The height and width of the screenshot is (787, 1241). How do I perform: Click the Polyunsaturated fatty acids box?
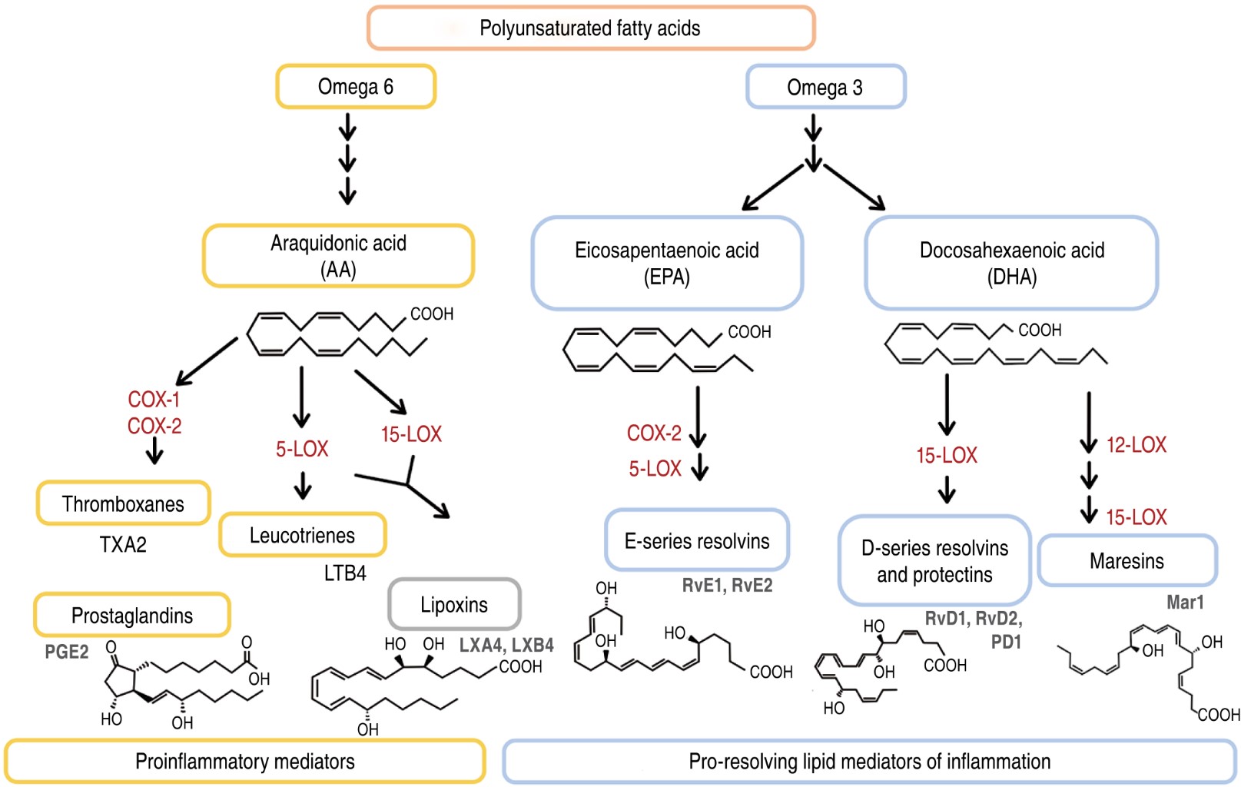click(x=590, y=28)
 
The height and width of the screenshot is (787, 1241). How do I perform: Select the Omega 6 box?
click(x=356, y=87)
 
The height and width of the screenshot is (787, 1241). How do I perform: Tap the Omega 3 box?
click(x=825, y=87)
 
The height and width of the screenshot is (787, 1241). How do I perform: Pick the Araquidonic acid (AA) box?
click(x=338, y=256)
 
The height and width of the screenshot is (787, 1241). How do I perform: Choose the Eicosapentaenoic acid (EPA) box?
click(x=667, y=263)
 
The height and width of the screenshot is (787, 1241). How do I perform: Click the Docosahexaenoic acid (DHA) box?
click(x=1011, y=263)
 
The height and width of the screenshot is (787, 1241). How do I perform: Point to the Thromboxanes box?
click(x=123, y=503)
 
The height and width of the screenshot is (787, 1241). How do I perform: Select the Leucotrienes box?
click(x=302, y=535)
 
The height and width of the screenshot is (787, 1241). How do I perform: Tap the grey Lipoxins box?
click(x=454, y=605)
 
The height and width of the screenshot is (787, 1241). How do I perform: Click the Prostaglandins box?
click(x=131, y=615)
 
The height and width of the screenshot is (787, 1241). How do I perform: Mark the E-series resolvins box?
click(x=697, y=540)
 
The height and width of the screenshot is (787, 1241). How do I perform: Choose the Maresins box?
click(x=1127, y=560)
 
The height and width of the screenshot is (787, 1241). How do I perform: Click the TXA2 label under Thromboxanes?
click(x=123, y=545)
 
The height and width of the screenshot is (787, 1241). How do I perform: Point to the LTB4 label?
click(x=345, y=573)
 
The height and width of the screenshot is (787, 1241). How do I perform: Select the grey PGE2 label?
click(x=67, y=652)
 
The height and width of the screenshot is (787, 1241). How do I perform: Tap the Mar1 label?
click(x=1185, y=602)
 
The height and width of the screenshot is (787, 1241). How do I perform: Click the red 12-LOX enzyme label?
click(x=1136, y=444)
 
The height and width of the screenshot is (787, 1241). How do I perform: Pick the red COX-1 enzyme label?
click(x=154, y=399)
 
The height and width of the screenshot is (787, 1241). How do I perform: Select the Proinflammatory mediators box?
click(x=244, y=761)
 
